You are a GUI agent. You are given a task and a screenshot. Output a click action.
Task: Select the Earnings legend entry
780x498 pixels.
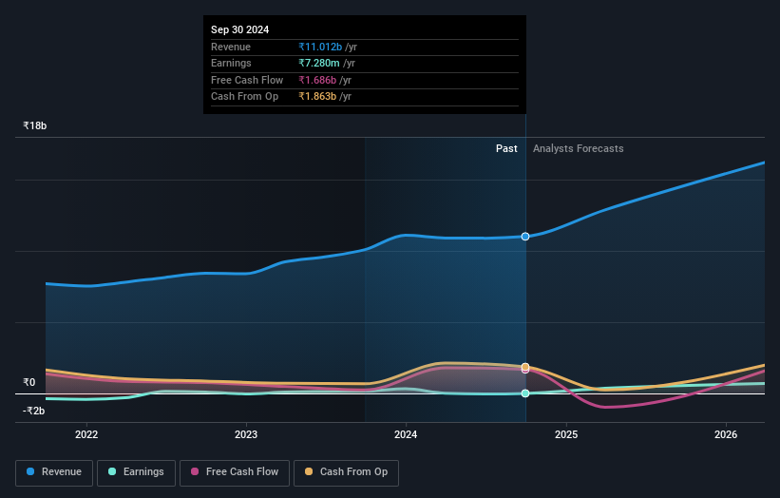(136, 471)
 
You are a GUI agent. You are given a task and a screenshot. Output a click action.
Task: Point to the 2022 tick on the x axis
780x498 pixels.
(86, 435)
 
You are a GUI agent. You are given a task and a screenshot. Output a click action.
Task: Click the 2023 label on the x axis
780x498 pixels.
(246, 435)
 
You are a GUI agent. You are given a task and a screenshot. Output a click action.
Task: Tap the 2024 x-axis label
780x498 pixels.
(406, 435)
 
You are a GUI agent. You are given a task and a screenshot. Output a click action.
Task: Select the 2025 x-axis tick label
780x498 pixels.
(566, 435)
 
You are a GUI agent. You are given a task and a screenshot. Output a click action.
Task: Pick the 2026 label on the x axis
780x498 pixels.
(726, 435)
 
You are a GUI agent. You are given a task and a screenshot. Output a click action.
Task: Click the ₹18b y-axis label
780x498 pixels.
(35, 125)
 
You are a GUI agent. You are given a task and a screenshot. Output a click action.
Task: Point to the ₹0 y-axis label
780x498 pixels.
(29, 382)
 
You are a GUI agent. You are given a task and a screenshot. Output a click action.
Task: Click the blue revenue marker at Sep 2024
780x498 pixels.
(525, 236)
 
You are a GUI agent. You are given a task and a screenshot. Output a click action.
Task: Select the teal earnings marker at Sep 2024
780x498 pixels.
(525, 393)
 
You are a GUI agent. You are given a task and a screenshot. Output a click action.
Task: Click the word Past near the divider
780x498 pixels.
(506, 148)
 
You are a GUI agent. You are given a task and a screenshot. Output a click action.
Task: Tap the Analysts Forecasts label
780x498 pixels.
(579, 148)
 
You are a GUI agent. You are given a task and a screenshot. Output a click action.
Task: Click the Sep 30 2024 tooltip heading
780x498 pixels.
(239, 29)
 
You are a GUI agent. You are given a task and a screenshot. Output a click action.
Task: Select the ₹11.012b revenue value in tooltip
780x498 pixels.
(319, 47)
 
